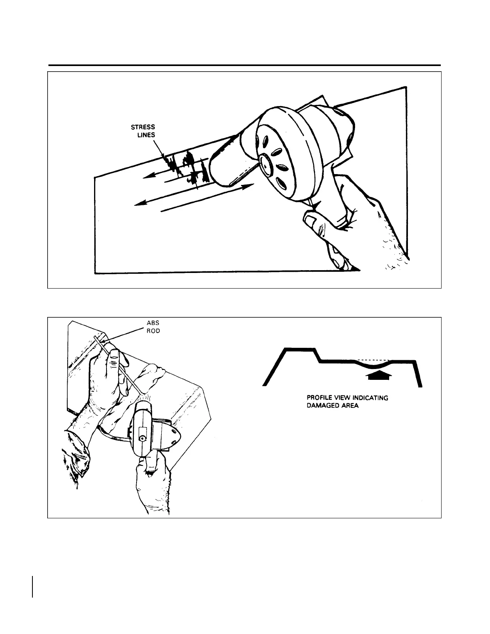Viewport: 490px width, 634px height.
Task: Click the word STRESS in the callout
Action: coord(143,128)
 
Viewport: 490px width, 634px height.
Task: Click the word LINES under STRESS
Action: coord(146,135)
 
